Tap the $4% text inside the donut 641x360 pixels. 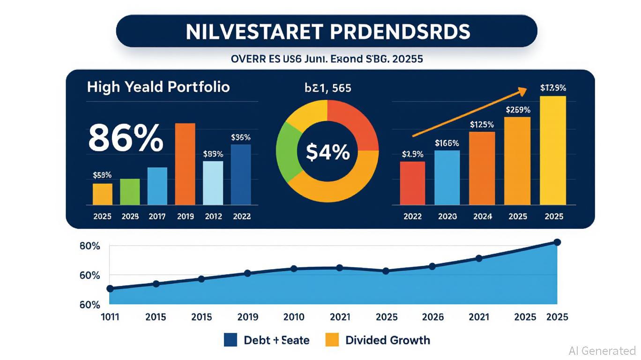pyautogui.click(x=328, y=152)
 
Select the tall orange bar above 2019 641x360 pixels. pyautogui.click(x=185, y=164)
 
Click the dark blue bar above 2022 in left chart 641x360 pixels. pyautogui.click(x=241, y=174)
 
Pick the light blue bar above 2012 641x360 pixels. pyautogui.click(x=213, y=183)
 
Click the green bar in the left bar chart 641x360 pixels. pyautogui.click(x=130, y=192)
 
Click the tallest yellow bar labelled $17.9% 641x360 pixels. pyautogui.click(x=553, y=150)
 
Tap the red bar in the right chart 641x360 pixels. pyautogui.click(x=413, y=183)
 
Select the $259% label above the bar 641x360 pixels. pyautogui.click(x=518, y=110)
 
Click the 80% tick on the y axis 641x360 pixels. pyautogui.click(x=89, y=246)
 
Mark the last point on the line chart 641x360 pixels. pyautogui.click(x=557, y=242)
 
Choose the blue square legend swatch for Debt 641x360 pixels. pyautogui.click(x=231, y=340)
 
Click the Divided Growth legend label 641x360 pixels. pyautogui.click(x=388, y=340)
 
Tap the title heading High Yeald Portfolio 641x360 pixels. pyautogui.click(x=158, y=87)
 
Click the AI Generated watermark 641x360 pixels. pyautogui.click(x=602, y=351)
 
